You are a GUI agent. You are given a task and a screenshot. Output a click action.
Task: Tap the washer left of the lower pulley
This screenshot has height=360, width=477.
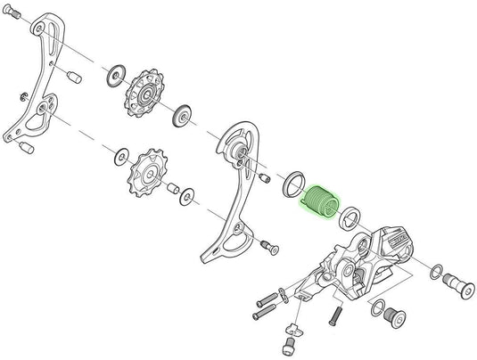click(119, 159)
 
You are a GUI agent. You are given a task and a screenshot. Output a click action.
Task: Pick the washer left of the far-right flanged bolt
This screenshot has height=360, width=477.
click(436, 270)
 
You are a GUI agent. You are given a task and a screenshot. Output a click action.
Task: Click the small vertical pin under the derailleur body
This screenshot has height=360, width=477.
click(336, 314)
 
